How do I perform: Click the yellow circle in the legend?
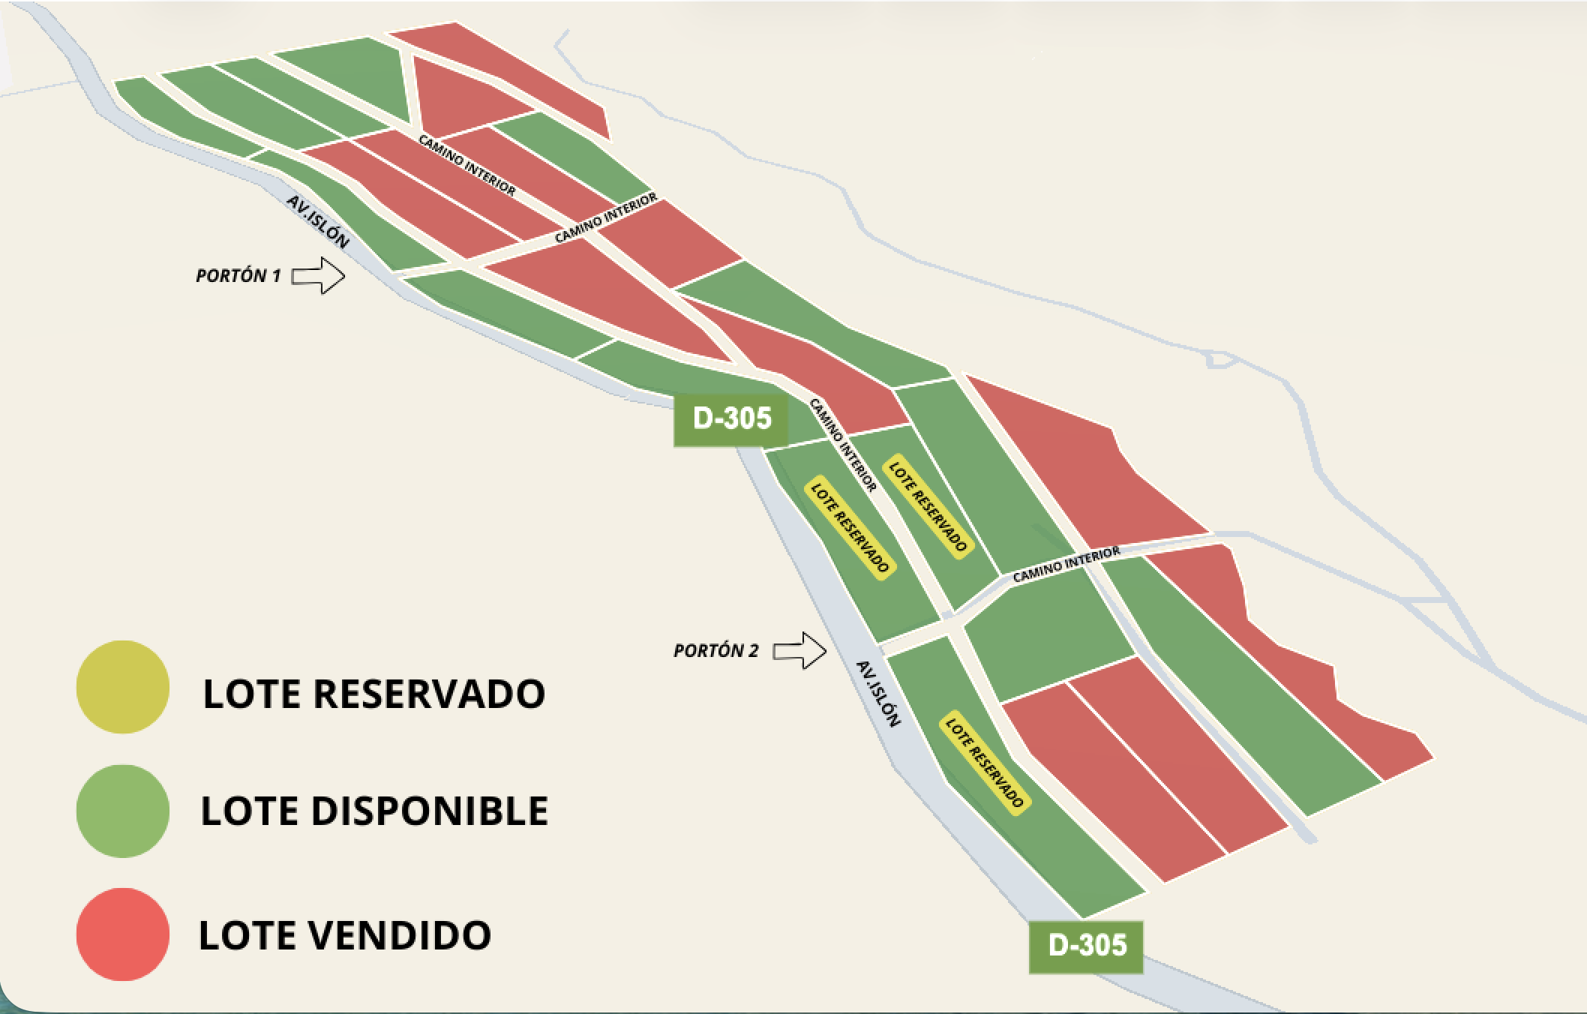pos(122,686)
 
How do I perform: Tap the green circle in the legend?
pos(122,811)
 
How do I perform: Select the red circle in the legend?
pos(122,934)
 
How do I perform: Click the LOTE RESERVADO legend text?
pos(373,694)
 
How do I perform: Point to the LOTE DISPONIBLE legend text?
pos(374,811)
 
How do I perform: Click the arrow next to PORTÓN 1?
pos(318,275)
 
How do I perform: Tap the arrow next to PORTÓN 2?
pos(799,650)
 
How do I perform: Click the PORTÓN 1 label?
pos(238,276)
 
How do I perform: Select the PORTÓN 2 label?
pos(715,651)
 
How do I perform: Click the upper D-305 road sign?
pos(731,418)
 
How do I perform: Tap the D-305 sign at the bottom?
pos(1087,945)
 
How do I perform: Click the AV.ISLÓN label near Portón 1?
pos(318,222)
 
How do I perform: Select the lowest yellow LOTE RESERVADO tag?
pos(983,763)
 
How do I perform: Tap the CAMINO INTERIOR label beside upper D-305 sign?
pos(843,445)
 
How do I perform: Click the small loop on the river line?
pos(1220,361)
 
